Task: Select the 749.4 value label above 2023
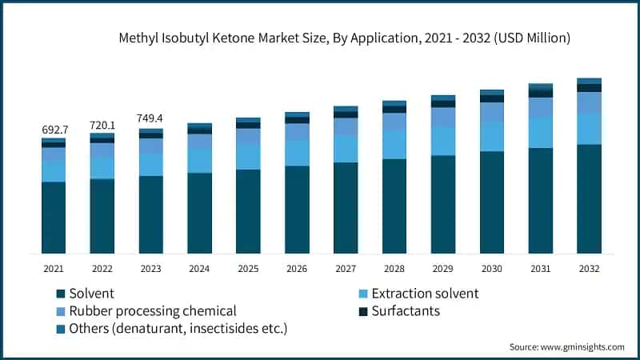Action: tap(151, 118)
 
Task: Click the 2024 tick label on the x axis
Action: tap(199, 269)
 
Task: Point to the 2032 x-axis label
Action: tap(589, 269)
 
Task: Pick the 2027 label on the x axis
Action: tap(346, 269)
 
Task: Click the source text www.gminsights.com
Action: tap(566, 346)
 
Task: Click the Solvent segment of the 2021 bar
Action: tap(54, 218)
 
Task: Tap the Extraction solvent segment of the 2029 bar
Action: tap(443, 141)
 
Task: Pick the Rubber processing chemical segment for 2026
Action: tap(297, 132)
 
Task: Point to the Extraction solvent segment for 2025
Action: tap(248, 157)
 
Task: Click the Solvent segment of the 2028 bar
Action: tap(394, 206)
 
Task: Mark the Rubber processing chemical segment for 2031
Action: tap(541, 107)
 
